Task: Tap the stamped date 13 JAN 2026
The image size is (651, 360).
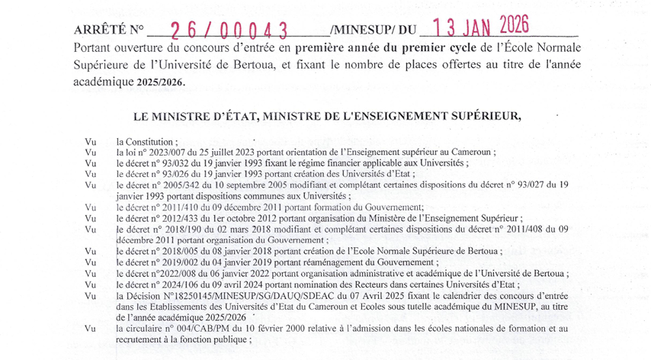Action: coord(485,28)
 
